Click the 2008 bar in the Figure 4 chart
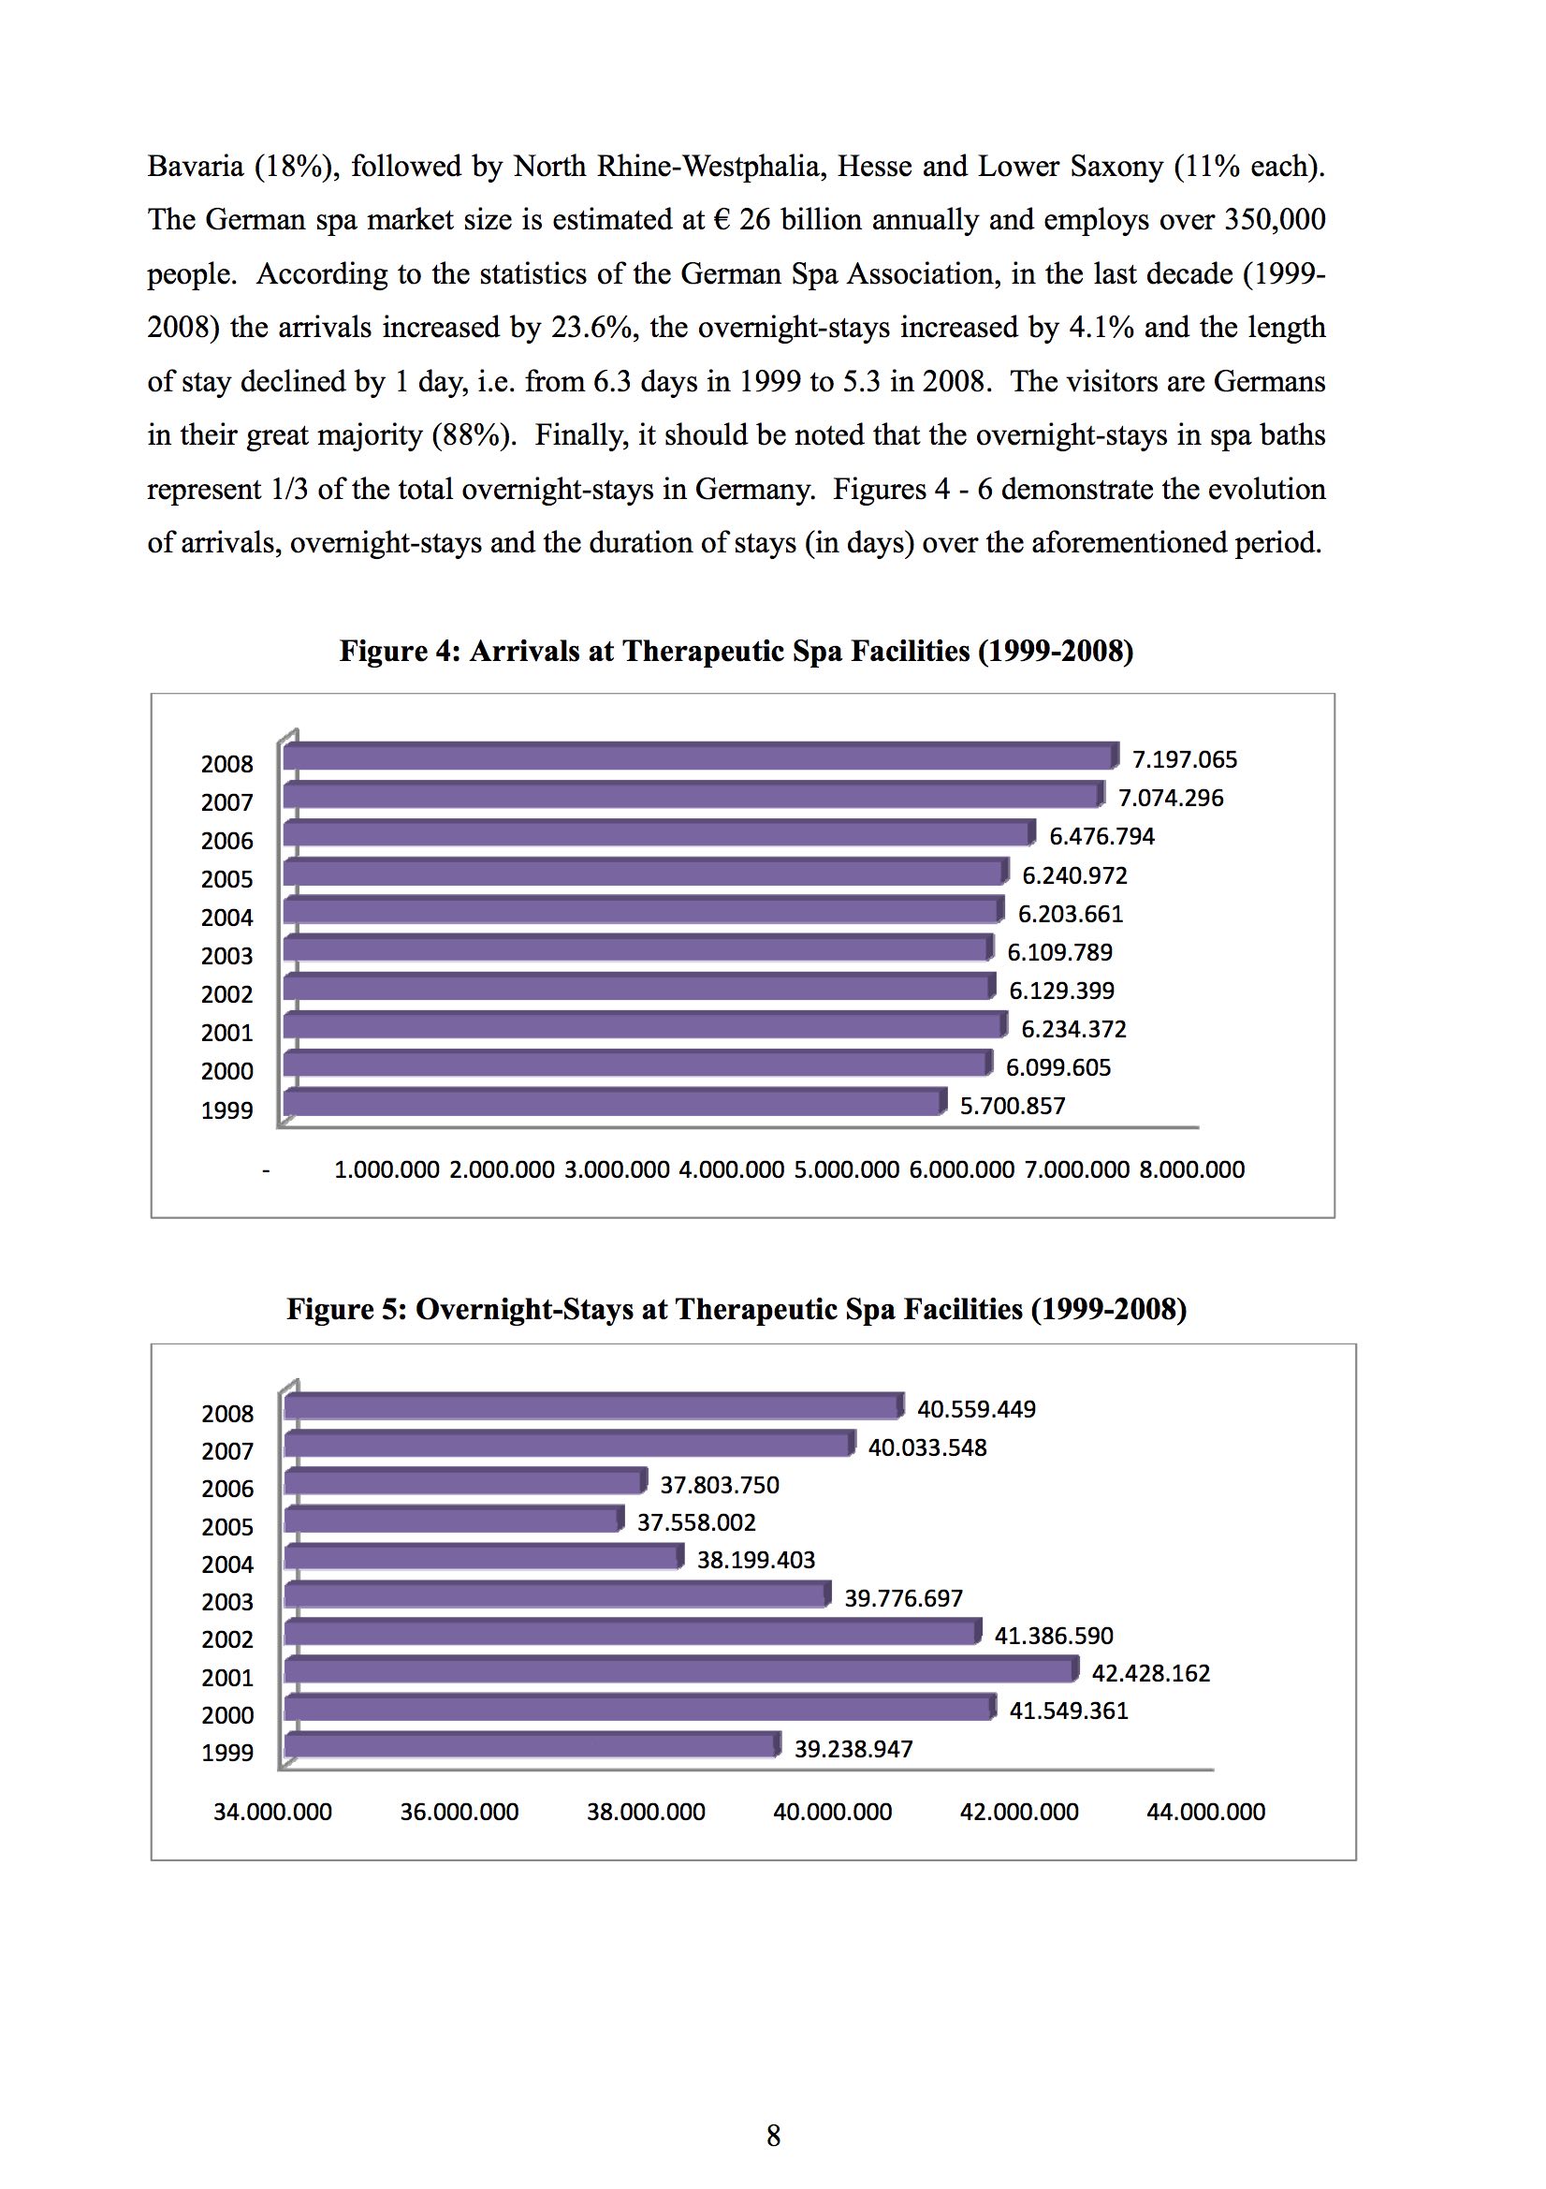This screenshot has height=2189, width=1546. [x=701, y=757]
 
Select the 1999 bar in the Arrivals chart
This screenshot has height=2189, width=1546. [x=616, y=1102]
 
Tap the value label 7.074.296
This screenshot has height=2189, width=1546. [x=1171, y=798]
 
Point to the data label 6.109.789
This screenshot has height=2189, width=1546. [x=1060, y=952]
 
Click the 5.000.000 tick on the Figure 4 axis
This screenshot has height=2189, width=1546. [x=846, y=1169]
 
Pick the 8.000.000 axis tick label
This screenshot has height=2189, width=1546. [x=1191, y=1169]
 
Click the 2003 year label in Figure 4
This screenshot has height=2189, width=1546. [x=226, y=956]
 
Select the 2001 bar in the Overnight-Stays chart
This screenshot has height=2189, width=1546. [x=682, y=1669]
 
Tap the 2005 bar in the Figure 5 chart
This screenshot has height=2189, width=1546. [x=455, y=1519]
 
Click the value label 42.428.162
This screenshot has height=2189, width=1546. [x=1150, y=1673]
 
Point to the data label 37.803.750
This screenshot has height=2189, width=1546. [x=720, y=1485]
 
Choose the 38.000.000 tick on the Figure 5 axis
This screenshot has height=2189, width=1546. [x=646, y=1813]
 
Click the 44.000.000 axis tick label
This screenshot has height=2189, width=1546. [x=1205, y=1813]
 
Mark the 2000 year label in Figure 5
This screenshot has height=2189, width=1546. [x=227, y=1715]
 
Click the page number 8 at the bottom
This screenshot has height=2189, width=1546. [x=773, y=2136]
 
